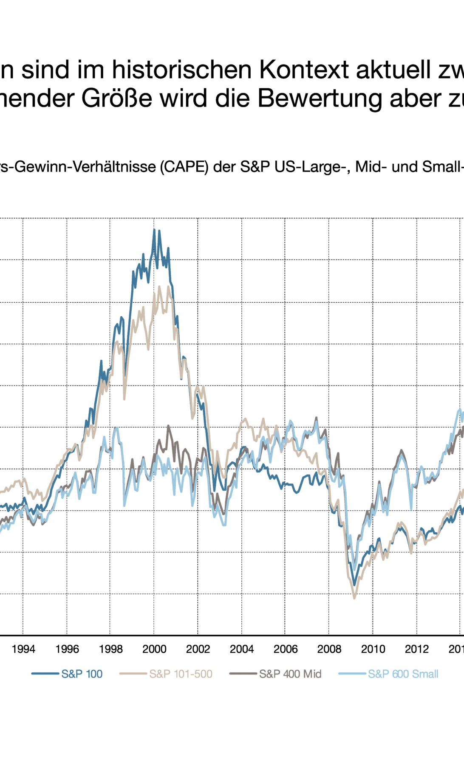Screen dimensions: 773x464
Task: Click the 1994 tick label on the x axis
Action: coord(23,649)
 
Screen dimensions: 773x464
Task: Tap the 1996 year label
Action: coord(67,649)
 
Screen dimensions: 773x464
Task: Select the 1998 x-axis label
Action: coord(111,649)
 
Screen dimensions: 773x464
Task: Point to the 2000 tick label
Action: coord(154,649)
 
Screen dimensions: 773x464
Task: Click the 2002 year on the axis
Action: coord(198,649)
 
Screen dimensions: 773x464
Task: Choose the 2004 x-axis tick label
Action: coord(242,649)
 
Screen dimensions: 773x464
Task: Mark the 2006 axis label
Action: coord(286,649)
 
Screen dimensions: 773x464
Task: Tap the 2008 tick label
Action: coord(329,649)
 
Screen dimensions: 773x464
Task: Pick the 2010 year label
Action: coord(373,649)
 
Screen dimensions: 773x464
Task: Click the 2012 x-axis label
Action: coord(417,649)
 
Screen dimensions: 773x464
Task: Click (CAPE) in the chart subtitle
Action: coord(184,167)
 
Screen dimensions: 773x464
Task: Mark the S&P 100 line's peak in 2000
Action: coord(154,229)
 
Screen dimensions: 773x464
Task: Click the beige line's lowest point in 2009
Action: coord(354,598)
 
